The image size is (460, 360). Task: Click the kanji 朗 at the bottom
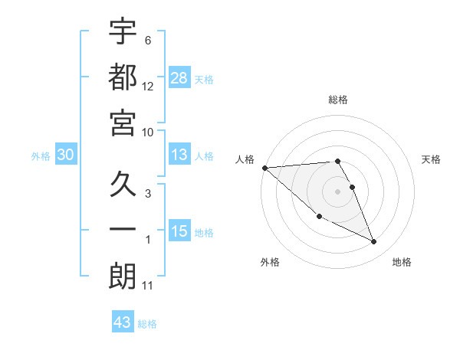tap(123, 275)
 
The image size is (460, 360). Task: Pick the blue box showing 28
tap(179, 77)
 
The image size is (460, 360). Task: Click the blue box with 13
tap(179, 155)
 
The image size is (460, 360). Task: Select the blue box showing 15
tap(179, 231)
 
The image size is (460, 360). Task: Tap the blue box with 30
tap(66, 155)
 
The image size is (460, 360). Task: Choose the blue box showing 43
tap(123, 322)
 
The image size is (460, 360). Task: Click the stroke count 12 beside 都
tap(148, 87)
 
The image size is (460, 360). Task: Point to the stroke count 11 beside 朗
tap(148, 286)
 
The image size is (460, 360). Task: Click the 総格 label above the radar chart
tap(338, 100)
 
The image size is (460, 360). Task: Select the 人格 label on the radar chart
tap(245, 159)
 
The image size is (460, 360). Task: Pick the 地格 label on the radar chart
tap(402, 262)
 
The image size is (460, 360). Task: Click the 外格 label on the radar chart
tap(270, 262)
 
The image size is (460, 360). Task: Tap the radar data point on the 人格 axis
tap(264, 167)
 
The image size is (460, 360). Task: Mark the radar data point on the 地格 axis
tap(374, 242)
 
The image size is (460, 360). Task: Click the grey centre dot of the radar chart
tap(338, 191)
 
